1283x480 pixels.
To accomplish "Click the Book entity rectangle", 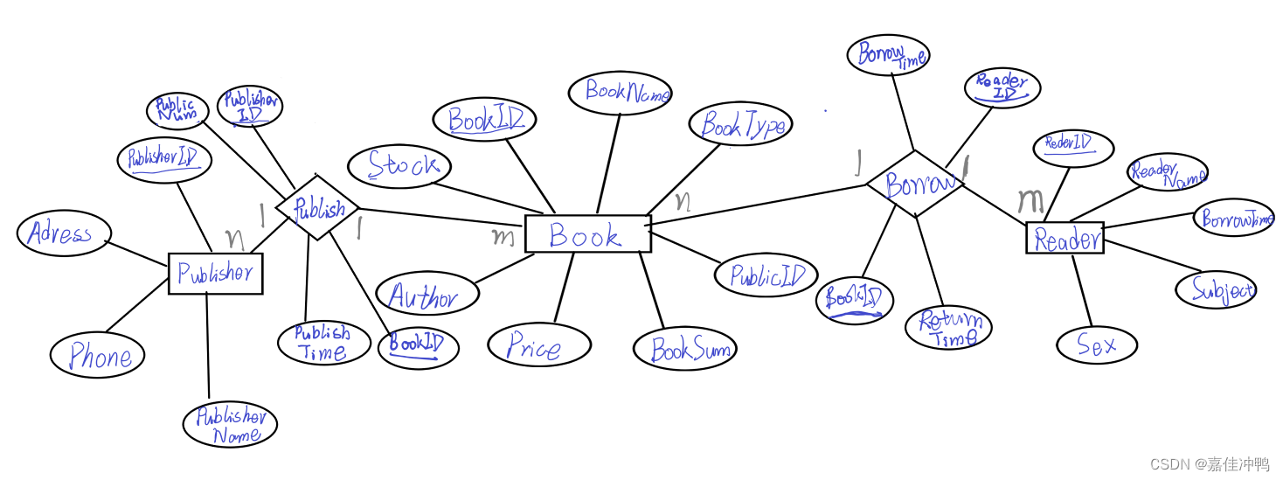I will (587, 234).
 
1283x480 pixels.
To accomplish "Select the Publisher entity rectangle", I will (215, 274).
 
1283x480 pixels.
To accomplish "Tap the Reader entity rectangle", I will (1065, 239).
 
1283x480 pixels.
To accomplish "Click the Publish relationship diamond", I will (316, 208).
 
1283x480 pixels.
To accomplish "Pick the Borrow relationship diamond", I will (916, 184).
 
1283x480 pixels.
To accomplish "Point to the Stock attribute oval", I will (399, 166).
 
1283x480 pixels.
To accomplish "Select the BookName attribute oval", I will (620, 92).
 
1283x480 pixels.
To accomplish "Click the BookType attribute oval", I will (741, 125).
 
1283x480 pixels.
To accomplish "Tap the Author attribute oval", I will (427, 295).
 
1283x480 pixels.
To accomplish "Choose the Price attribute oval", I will (538, 345).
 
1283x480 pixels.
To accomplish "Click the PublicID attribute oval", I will (766, 275).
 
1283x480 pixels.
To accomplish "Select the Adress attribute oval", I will (64, 233).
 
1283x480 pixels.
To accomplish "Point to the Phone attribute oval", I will (96, 355).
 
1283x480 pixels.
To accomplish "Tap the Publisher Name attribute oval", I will (230, 425).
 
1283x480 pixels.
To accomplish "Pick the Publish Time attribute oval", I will (323, 343).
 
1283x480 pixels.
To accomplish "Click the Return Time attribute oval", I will (948, 327).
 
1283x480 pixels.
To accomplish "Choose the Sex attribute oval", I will (1096, 344).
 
